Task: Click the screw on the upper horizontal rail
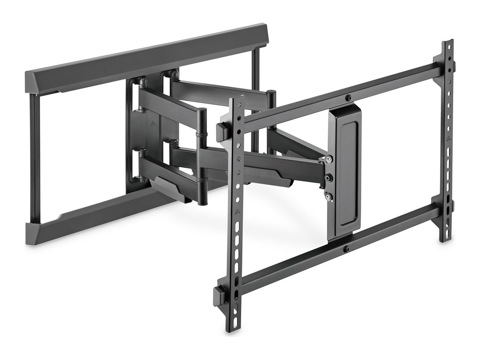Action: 349,97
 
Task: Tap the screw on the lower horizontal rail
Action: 346,249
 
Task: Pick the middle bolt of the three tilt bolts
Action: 328,177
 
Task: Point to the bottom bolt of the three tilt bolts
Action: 328,196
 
